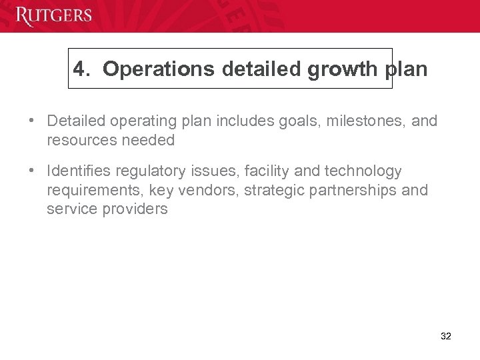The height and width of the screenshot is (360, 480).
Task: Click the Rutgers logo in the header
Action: (x=53, y=15)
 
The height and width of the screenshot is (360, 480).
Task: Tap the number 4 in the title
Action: (x=79, y=69)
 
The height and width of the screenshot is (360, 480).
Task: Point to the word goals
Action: (x=298, y=121)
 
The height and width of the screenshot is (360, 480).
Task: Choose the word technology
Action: (x=363, y=172)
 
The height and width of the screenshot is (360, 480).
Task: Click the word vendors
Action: (x=209, y=191)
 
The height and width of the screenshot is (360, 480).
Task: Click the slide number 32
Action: (x=446, y=337)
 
